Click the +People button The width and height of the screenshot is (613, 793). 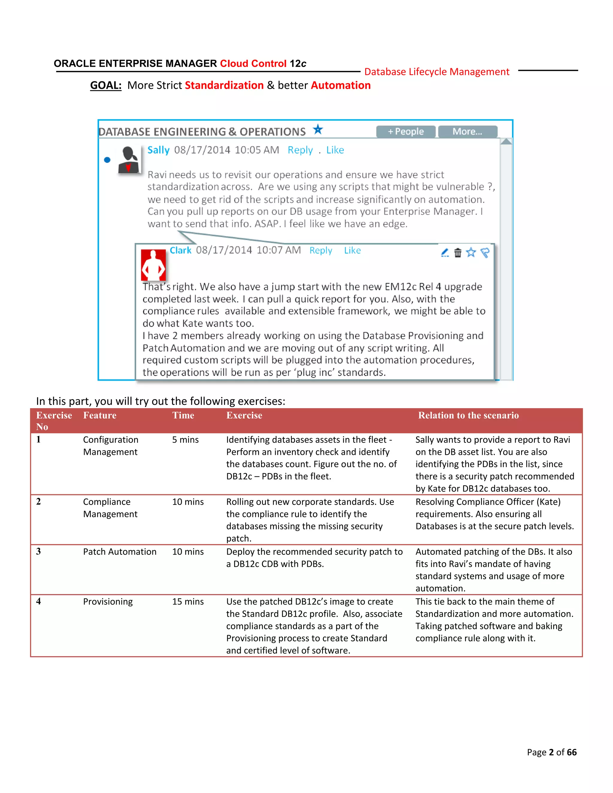[405, 131]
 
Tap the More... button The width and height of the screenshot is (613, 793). [467, 131]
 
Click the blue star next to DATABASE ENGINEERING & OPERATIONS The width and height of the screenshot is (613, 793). [318, 129]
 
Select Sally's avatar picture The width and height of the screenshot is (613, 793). [128, 160]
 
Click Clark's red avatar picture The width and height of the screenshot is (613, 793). [153, 265]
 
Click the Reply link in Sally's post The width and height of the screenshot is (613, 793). [300, 150]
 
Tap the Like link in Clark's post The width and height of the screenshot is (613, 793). [352, 250]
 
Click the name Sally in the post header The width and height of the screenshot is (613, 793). [158, 150]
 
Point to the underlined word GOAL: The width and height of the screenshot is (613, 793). [106, 85]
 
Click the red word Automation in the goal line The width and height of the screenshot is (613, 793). [341, 85]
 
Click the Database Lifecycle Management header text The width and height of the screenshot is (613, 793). [436, 72]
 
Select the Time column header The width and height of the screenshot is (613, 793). [183, 415]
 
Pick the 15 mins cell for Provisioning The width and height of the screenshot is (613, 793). [188, 602]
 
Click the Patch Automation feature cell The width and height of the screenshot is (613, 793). [119, 552]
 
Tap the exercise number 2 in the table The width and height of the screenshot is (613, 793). [39, 502]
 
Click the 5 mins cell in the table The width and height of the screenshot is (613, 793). [185, 440]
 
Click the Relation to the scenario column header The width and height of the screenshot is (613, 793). [468, 415]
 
